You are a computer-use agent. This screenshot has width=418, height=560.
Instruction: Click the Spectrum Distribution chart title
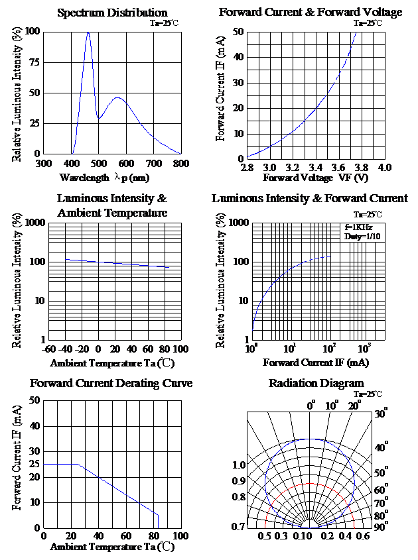coord(112,13)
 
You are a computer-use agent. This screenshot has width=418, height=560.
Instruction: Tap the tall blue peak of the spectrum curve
coord(88,33)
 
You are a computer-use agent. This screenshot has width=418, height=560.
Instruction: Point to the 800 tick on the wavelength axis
coord(180,163)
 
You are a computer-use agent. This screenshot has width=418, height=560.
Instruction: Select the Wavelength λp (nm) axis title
coord(104,178)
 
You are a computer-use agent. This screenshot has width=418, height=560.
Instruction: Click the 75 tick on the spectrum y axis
coord(35,62)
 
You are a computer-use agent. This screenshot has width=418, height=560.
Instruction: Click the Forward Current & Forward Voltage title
coord(311,13)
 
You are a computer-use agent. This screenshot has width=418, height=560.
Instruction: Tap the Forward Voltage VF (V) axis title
coord(316,178)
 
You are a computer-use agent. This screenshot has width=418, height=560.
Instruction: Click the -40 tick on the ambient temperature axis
coord(65,349)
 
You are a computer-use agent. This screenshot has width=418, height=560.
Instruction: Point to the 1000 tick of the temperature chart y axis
coord(29,223)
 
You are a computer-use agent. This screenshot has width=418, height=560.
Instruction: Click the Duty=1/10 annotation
coord(362,237)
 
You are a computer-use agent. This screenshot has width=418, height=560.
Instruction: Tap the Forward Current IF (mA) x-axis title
coord(316,363)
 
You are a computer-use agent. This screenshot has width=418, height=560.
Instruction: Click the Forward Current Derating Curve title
coord(111,384)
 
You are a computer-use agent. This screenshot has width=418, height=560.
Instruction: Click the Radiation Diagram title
coord(316,384)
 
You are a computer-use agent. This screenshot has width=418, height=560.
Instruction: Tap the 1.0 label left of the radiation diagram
coord(239,465)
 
